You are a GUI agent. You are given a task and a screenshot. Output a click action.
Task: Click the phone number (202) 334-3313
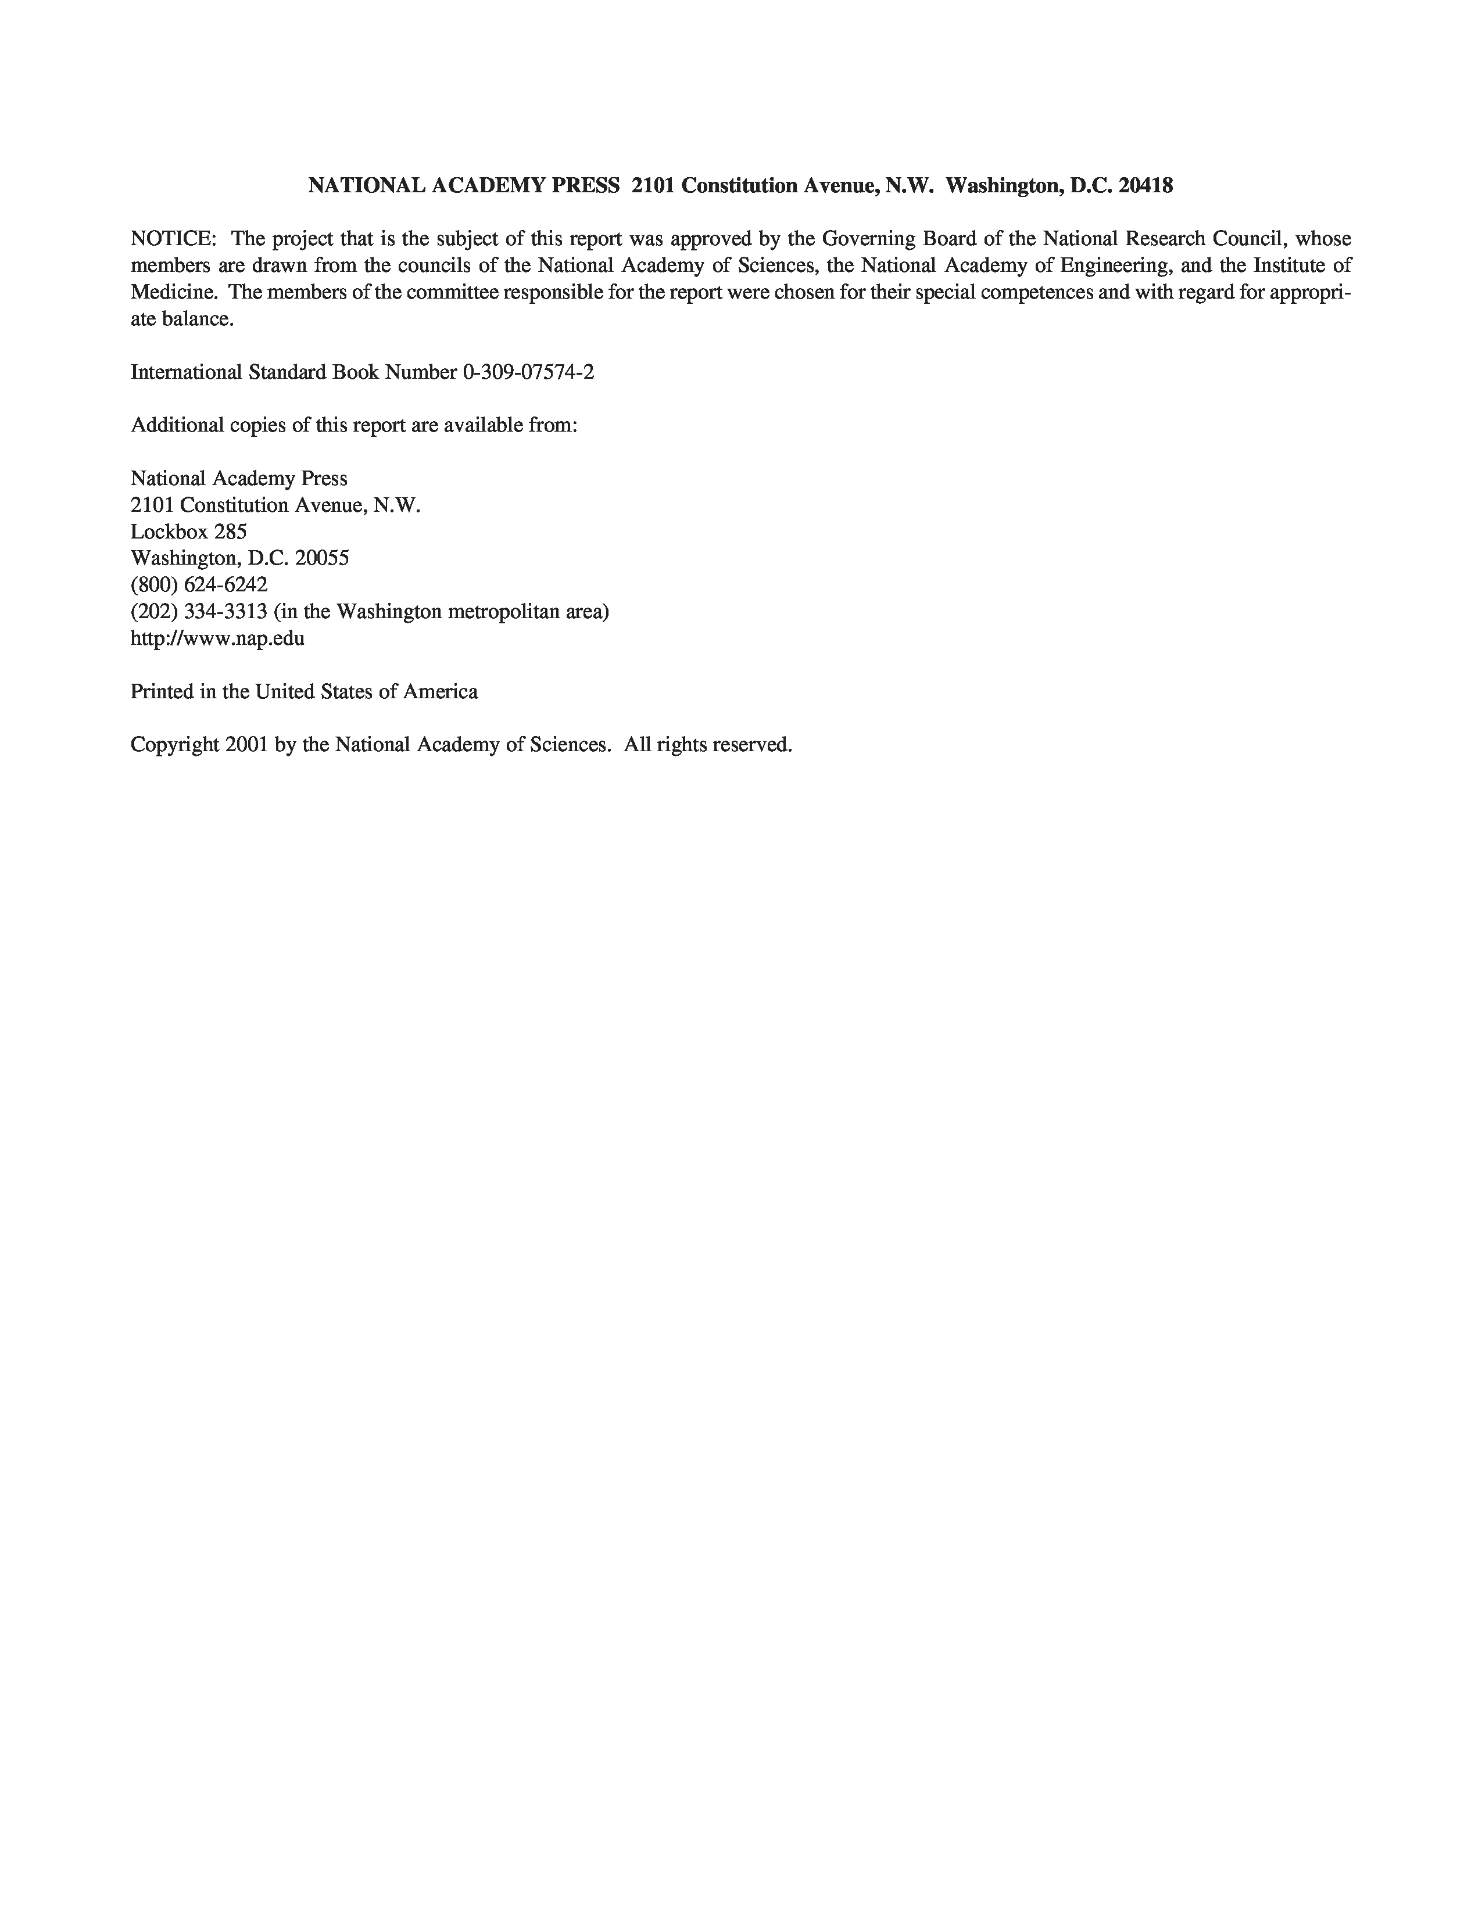click(199, 612)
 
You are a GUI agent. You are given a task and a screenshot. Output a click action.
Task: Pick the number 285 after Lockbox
click(230, 532)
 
